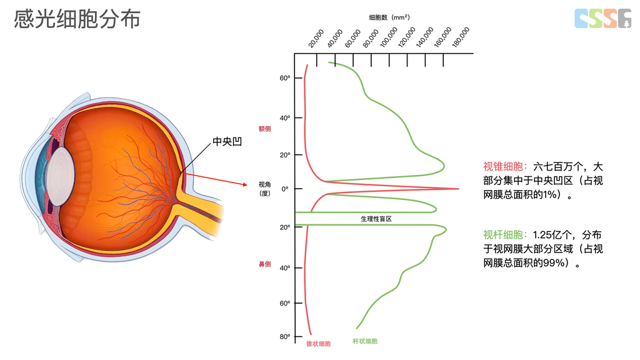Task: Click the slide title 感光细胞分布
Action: [77, 19]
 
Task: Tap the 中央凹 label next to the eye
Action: [227, 141]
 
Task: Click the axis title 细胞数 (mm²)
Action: [389, 18]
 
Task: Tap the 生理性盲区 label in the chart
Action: [376, 219]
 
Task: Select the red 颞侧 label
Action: [265, 128]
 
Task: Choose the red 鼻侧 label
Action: [265, 264]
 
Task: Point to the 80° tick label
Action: [284, 337]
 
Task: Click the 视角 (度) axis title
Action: [265, 189]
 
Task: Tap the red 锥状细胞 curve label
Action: [318, 344]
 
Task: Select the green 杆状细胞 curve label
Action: [365, 341]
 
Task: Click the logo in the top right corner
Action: [603, 18]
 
